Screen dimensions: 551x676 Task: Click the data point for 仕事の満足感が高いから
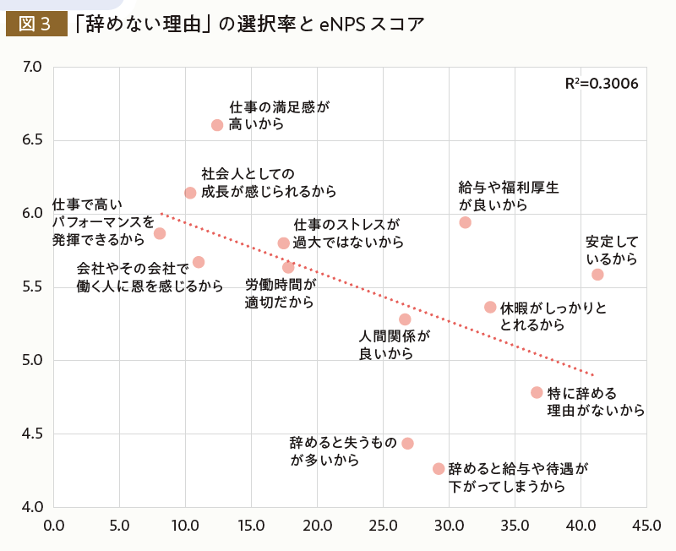point(217,125)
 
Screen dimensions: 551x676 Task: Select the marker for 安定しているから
point(597,275)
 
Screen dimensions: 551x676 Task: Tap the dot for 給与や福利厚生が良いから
point(465,222)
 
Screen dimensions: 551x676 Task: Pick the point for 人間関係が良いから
point(405,319)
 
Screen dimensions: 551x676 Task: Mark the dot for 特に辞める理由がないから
point(537,392)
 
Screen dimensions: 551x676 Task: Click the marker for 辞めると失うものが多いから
point(407,444)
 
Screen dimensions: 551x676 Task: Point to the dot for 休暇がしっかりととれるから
point(490,307)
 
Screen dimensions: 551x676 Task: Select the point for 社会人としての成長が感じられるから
point(190,193)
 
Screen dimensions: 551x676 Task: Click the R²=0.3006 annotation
point(601,85)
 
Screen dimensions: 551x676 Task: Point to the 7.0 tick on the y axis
point(32,66)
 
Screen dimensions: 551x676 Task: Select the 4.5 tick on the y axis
point(32,434)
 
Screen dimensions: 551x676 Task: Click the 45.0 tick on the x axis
point(646,526)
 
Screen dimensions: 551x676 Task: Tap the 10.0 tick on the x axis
point(185,526)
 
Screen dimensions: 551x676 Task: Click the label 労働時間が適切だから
point(280,293)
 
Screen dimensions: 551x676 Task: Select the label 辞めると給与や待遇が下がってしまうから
point(517,477)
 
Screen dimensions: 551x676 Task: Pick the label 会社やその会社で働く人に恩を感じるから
point(150,277)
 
